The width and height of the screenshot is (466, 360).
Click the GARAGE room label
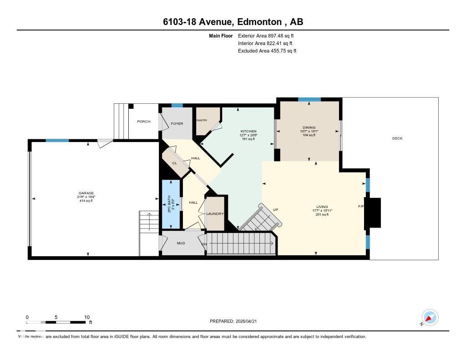pos(86,193)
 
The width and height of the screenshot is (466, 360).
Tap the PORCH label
pos(143,122)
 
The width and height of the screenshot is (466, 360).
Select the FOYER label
pos(177,123)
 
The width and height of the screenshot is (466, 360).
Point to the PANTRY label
pos(202,120)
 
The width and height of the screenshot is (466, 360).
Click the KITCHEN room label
pos(248,131)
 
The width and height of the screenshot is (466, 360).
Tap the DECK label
pos(397,138)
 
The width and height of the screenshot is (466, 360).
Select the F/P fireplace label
pos(361,207)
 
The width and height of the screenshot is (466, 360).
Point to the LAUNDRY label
pos(215,214)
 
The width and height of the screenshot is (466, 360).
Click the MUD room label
pos(181,243)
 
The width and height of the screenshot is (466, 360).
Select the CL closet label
pos(174,163)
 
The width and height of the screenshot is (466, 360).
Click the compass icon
pos(430,317)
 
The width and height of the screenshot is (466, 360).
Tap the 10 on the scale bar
pos(86,317)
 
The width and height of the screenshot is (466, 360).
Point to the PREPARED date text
pos(236,321)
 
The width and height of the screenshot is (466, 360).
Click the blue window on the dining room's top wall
pos(309,99)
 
